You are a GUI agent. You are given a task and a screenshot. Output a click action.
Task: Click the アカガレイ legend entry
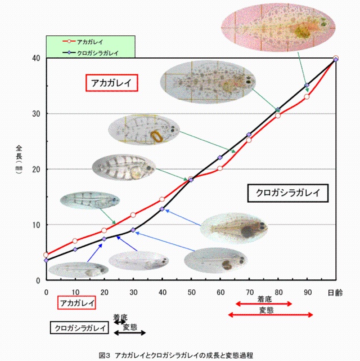[x=90, y=42]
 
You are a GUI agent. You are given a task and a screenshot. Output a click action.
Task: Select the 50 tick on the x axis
[x=191, y=292]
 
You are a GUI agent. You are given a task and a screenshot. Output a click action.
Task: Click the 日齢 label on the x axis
[x=336, y=292]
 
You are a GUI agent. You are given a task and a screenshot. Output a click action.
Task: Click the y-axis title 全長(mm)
[x=19, y=161]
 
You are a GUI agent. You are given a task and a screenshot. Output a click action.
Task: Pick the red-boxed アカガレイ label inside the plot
[x=112, y=83]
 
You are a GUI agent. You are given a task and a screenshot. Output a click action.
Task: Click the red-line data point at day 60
[x=220, y=168]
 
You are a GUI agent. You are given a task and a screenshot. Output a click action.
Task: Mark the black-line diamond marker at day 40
[x=162, y=209]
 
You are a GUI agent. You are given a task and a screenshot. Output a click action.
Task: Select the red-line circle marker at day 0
[x=46, y=255]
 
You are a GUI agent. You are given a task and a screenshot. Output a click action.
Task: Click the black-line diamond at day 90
[x=307, y=86]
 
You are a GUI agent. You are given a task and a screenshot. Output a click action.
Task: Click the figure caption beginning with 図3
[x=176, y=355]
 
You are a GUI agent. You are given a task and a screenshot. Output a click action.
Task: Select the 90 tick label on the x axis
[x=307, y=292]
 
